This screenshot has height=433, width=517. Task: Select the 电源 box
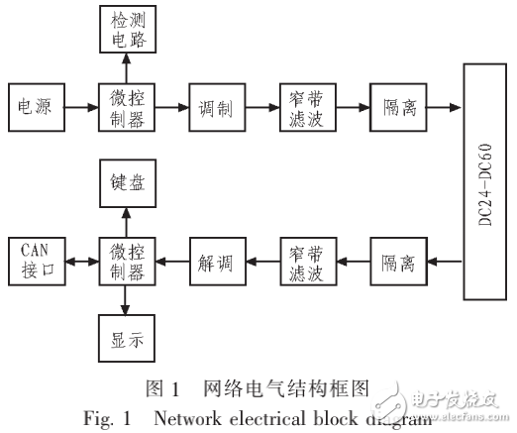[35, 106]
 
